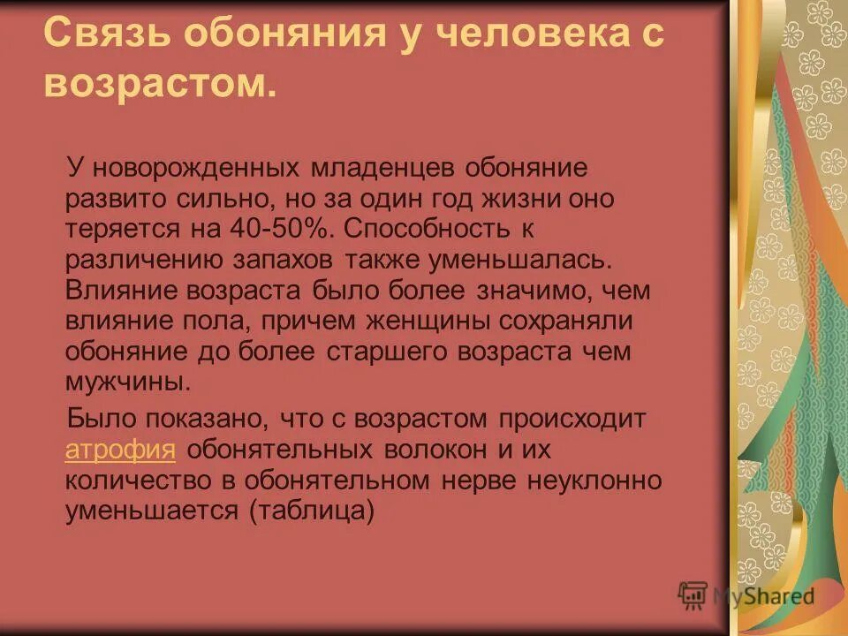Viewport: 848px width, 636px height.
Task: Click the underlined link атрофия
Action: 120,449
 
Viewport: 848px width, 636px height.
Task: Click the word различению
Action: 141,259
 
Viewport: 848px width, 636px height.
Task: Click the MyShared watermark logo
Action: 746,595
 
